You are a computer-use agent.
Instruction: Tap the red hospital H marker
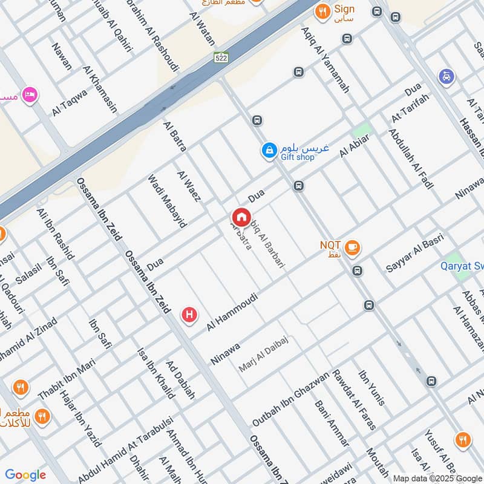coord(189,315)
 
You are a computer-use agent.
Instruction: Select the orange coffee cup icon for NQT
coord(352,246)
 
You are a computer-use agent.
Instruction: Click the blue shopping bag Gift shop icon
coord(269,149)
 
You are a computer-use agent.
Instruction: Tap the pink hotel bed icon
coord(30,95)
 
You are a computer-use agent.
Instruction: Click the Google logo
coord(25,475)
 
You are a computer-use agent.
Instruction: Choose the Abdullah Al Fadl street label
coord(411,159)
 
